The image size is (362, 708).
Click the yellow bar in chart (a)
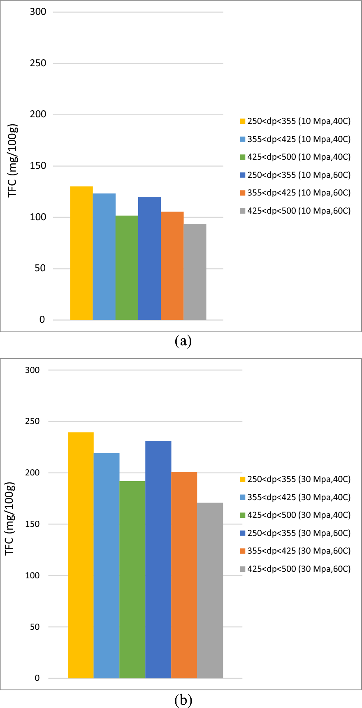tap(81, 253)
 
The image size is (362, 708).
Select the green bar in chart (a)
tap(127, 268)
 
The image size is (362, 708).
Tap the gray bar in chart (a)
tap(195, 272)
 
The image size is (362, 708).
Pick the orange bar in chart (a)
tap(172, 265)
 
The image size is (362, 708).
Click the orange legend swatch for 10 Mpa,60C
tap(243, 193)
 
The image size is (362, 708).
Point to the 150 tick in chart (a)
tap(38, 166)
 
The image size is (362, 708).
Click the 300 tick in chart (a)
tap(38, 12)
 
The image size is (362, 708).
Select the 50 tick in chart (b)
tap(35, 627)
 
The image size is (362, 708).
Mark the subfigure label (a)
tap(183, 341)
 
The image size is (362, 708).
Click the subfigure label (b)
tap(183, 700)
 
